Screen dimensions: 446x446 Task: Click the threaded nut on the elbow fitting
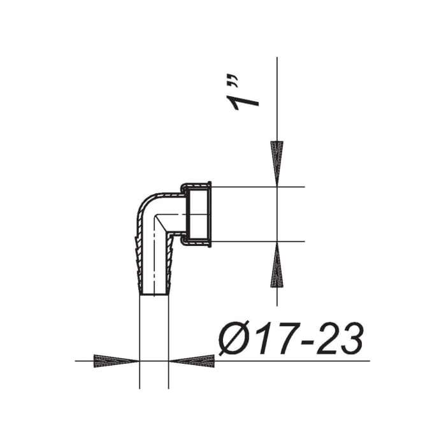198,214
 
